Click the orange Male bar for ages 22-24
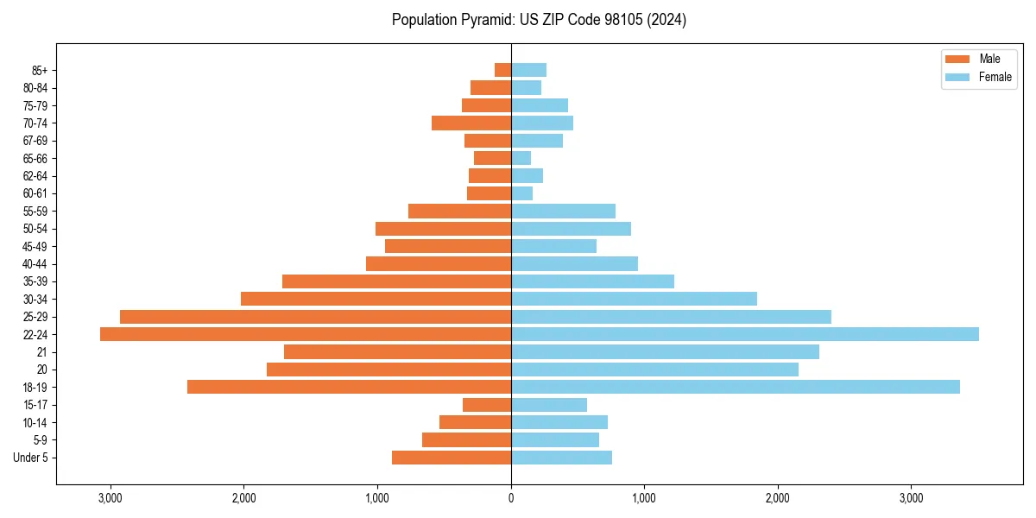point(306,334)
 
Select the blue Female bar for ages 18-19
point(735,387)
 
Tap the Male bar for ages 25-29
point(315,317)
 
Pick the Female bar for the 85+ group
point(528,70)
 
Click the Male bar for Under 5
point(452,458)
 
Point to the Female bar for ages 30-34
point(634,299)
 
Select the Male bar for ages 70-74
point(471,123)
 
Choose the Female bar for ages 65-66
point(521,158)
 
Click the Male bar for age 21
point(397,351)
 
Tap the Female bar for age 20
point(654,370)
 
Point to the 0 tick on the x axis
point(511,498)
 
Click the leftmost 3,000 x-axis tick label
point(110,498)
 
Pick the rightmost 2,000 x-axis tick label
point(778,498)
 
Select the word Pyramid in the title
point(480,20)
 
